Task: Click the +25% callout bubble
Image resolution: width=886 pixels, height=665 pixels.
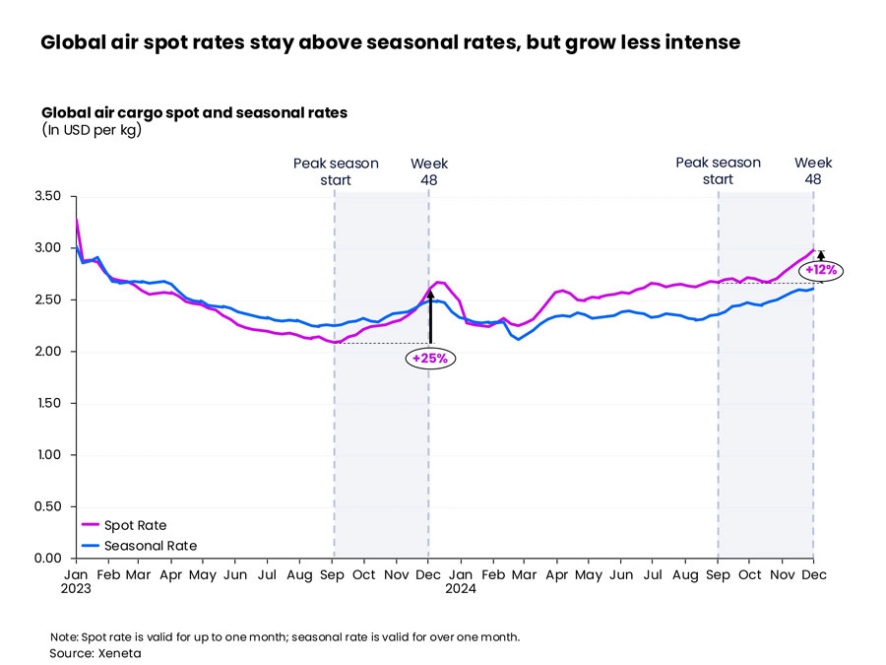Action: [x=429, y=359]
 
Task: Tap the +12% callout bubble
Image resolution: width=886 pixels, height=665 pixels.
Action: [x=820, y=269]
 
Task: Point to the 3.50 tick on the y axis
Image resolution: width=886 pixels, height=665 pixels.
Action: [x=47, y=196]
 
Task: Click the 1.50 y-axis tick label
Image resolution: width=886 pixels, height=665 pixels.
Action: [x=47, y=403]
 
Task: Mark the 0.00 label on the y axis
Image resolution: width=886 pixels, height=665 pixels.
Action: [x=47, y=559]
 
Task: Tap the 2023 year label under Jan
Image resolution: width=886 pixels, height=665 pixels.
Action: [x=77, y=589]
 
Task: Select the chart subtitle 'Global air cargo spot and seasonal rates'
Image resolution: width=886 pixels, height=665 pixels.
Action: [x=194, y=112]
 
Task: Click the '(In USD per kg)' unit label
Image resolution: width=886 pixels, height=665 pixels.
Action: [x=92, y=130]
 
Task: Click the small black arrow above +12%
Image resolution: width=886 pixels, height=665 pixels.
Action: [x=821, y=255]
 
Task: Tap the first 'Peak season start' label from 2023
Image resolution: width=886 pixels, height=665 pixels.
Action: [x=336, y=171]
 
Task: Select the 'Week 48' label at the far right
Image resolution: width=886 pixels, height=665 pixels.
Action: [x=813, y=171]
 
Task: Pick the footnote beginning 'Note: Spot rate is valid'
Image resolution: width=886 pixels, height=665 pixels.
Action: [x=285, y=636]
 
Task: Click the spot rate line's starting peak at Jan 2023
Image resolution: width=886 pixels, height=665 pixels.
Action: [x=76, y=219]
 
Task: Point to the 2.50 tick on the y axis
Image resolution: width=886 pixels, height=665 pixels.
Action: [x=47, y=299]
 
